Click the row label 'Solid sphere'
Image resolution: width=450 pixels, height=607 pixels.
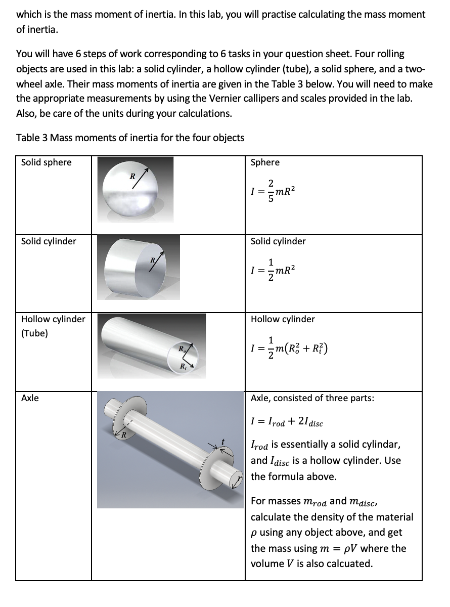[47, 162]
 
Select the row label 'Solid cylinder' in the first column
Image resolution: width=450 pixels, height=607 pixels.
[49, 241]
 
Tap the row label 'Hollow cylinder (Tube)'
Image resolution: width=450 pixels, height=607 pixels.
[53, 326]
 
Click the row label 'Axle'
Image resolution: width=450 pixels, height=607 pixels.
[30, 398]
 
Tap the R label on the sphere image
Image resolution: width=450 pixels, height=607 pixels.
[132, 177]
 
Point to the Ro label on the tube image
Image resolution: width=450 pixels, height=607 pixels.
[181, 348]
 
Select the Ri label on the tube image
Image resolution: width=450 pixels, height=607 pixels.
[183, 366]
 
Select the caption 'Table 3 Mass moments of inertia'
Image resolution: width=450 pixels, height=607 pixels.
[130, 138]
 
